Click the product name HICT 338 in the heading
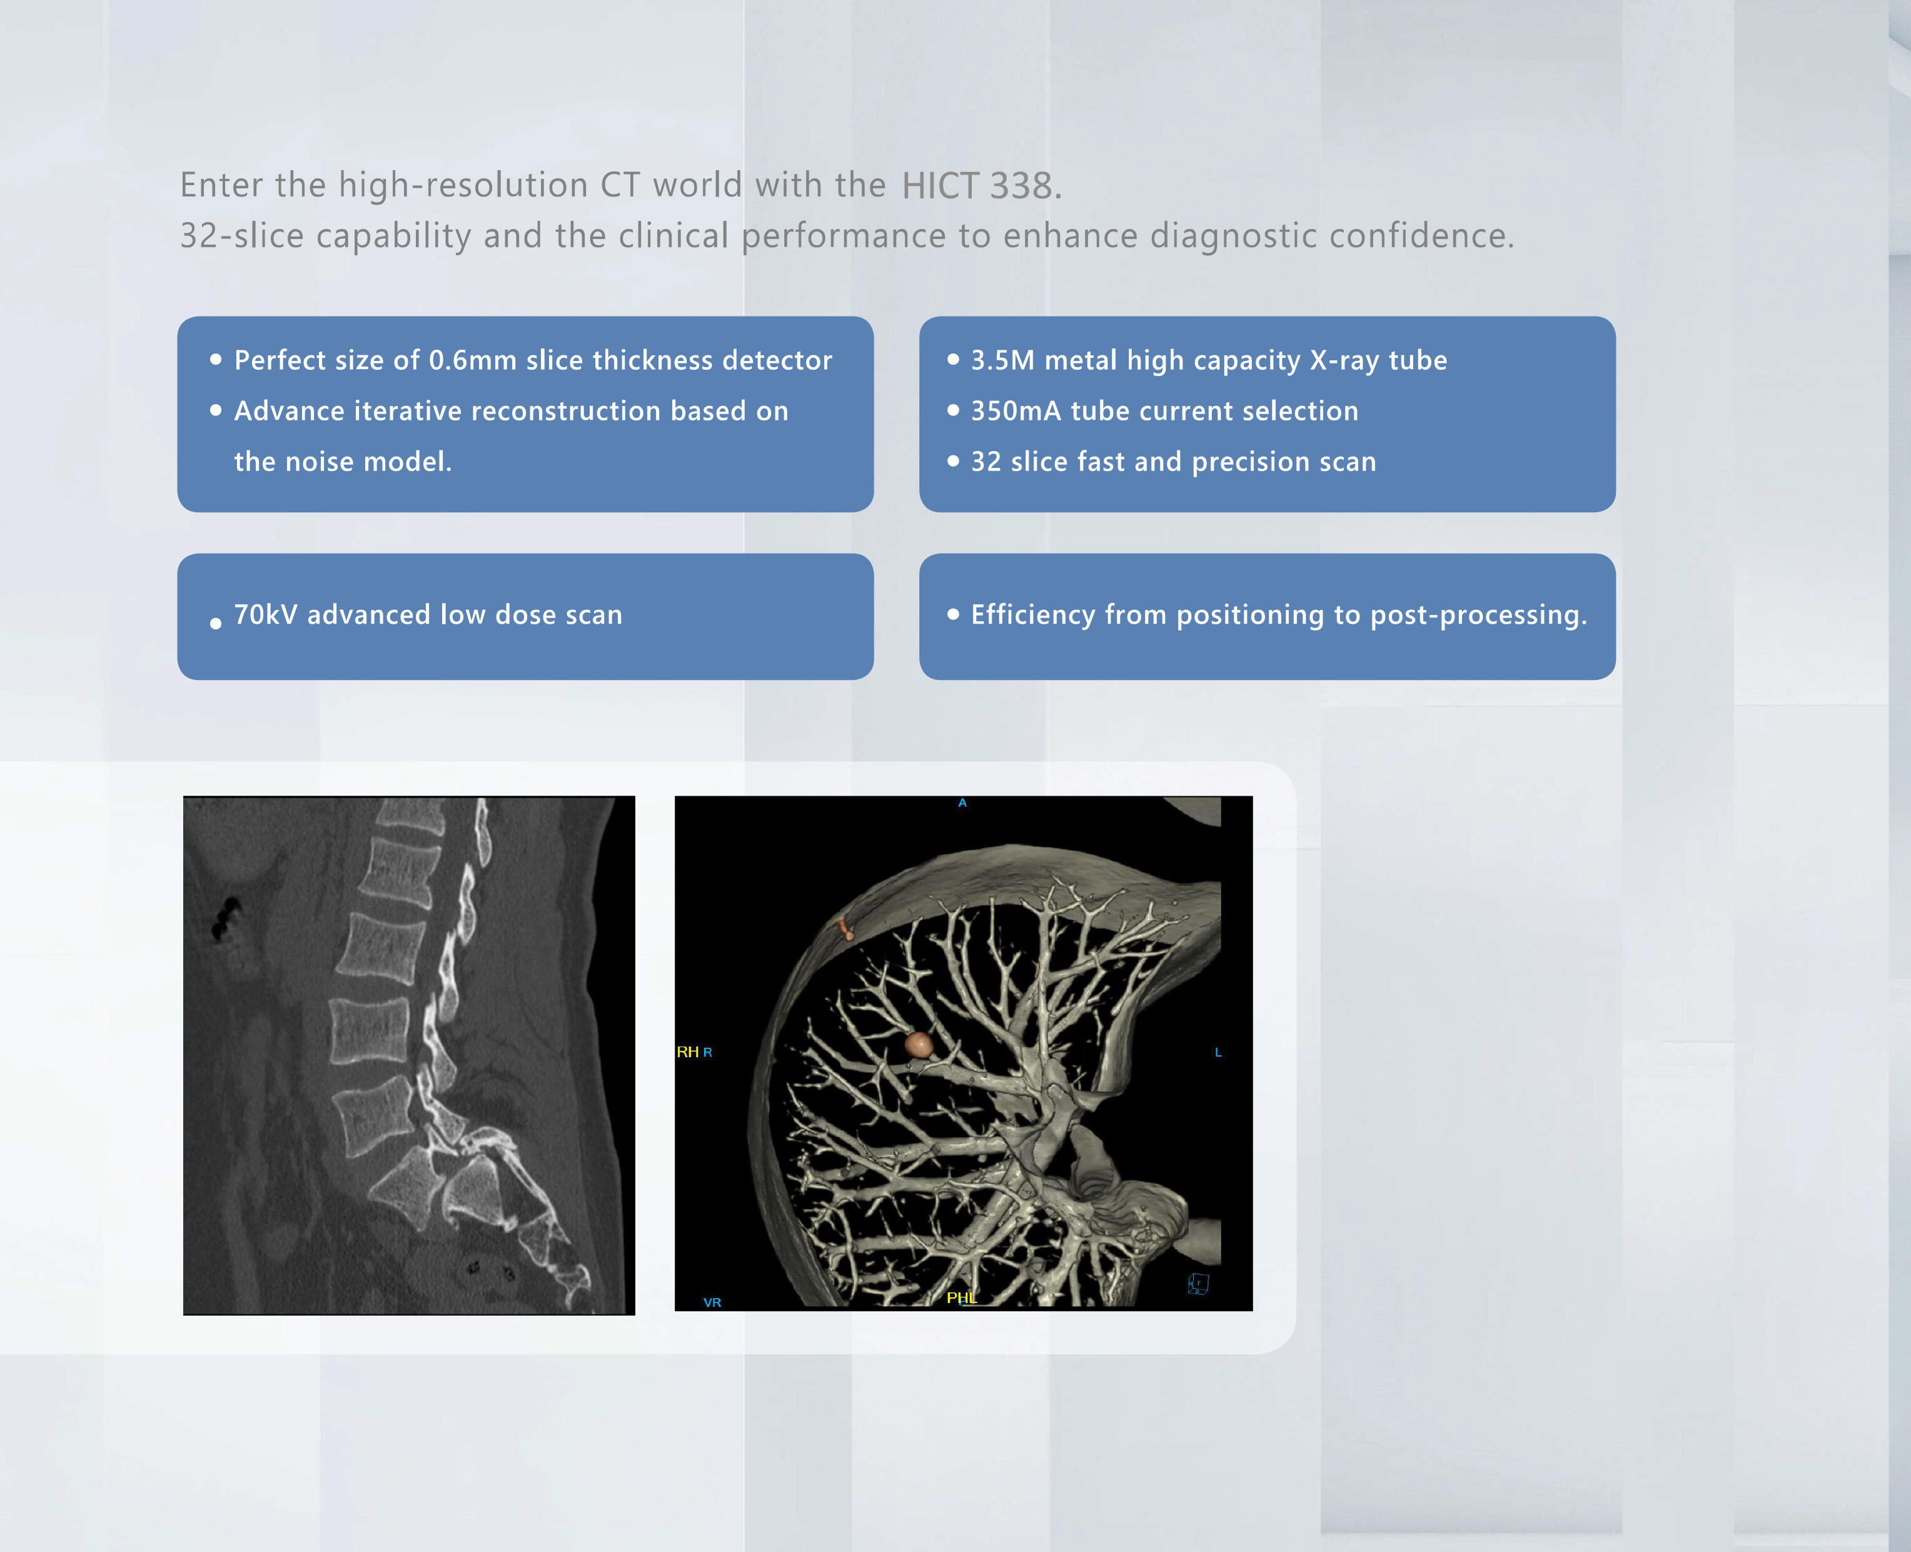coord(981,186)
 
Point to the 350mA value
coord(1016,411)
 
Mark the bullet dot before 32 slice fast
coord(953,461)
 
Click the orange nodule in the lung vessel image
coord(918,1044)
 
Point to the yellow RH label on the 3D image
coord(687,1052)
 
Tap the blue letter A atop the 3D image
coord(962,803)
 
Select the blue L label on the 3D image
coord(1218,1052)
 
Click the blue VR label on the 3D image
coord(712,1302)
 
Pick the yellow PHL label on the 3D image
coord(962,1297)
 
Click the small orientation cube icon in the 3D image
coord(1199,1284)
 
